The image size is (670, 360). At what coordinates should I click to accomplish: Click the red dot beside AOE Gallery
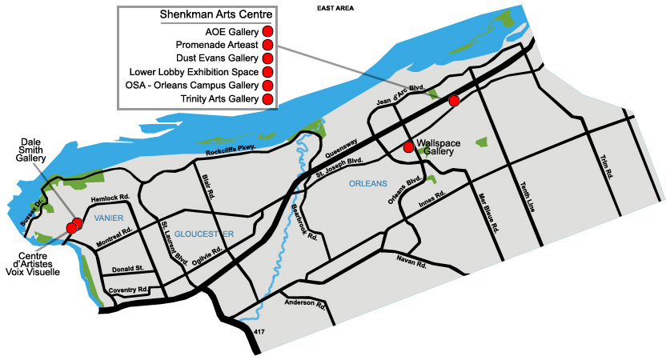pyautogui.click(x=268, y=32)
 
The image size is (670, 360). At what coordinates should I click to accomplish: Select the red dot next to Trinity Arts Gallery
pyautogui.click(x=268, y=99)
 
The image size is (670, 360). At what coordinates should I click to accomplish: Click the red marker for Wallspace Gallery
pyautogui.click(x=409, y=147)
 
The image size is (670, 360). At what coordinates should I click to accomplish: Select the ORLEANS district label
pyautogui.click(x=368, y=185)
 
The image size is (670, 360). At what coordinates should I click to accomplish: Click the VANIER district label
pyautogui.click(x=110, y=218)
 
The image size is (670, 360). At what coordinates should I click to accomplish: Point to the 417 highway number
pyautogui.click(x=259, y=330)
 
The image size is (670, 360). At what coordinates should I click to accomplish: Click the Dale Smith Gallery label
pyautogui.click(x=32, y=148)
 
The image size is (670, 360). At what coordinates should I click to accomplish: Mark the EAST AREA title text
pyautogui.click(x=336, y=7)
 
